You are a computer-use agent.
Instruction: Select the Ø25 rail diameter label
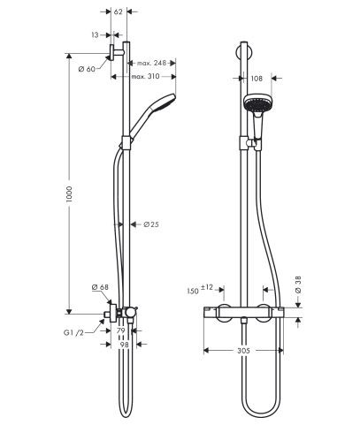click(150, 224)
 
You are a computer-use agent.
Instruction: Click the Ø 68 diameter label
click(100, 286)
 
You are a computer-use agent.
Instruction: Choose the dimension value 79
click(121, 330)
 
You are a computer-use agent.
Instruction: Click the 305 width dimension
click(255, 349)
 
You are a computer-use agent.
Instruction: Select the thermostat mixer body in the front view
click(247, 315)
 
